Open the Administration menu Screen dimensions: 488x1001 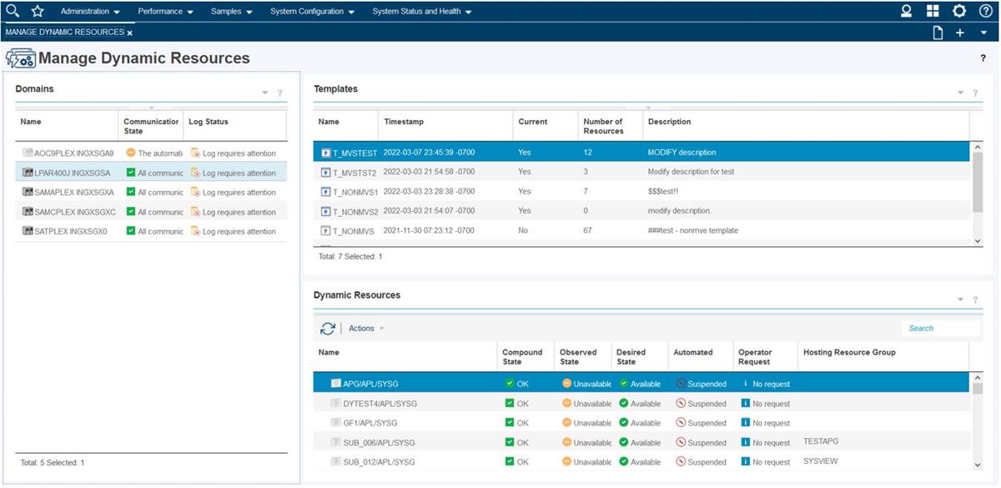point(90,12)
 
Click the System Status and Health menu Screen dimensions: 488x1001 point(421,12)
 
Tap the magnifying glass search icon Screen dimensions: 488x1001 point(13,11)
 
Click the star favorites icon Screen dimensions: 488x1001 point(38,11)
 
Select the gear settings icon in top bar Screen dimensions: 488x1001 point(959,11)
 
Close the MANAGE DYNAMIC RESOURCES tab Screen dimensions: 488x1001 point(130,33)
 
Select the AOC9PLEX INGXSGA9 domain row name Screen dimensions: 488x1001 point(73,153)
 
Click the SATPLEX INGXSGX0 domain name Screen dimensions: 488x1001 point(71,231)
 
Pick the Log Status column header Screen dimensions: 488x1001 point(209,122)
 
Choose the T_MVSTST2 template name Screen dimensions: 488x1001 point(355,172)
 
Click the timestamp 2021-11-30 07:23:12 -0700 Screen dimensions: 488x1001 point(429,230)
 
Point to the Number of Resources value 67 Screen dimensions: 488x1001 point(588,230)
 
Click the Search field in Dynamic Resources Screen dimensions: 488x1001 point(939,329)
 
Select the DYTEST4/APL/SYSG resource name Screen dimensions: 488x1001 point(380,404)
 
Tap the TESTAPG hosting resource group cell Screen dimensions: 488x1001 point(821,440)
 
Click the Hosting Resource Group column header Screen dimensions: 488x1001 point(849,352)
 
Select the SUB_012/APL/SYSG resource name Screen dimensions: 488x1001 point(379,462)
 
